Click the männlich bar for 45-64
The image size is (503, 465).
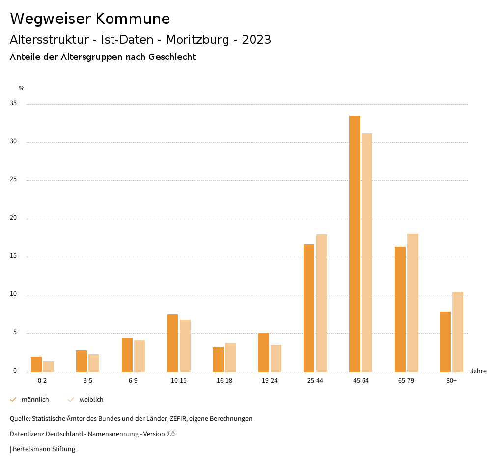(x=355, y=243)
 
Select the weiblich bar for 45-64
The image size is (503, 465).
(x=367, y=252)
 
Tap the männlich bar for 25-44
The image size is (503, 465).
(x=309, y=308)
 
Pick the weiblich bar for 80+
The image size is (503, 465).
(x=458, y=332)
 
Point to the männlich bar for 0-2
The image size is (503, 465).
(x=36, y=364)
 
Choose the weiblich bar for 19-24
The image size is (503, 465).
(x=276, y=358)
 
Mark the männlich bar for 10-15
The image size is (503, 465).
(x=172, y=343)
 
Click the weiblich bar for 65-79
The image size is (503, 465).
(x=413, y=303)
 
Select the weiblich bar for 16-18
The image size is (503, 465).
(x=230, y=357)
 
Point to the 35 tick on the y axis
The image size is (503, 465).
(x=13, y=104)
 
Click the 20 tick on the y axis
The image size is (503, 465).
(x=13, y=218)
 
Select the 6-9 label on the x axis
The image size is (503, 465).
(x=133, y=381)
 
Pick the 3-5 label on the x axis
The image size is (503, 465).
(x=88, y=381)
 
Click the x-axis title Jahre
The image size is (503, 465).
(x=478, y=371)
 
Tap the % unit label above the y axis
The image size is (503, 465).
(x=21, y=88)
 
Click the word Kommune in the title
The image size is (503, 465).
(x=133, y=19)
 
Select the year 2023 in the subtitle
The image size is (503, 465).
(x=256, y=40)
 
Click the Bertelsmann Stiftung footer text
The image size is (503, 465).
(x=44, y=449)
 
